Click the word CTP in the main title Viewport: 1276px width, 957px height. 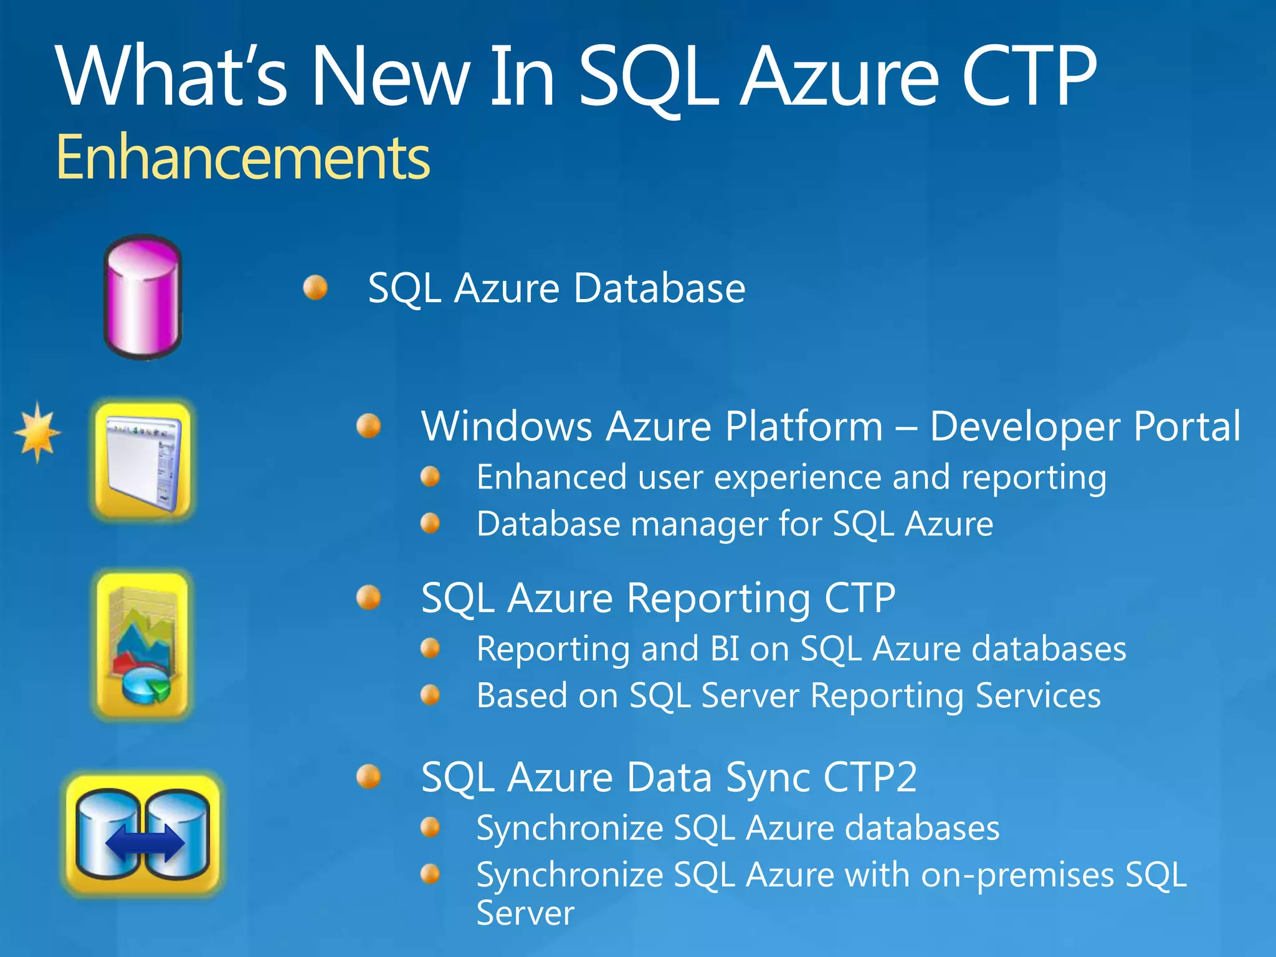click(x=1028, y=77)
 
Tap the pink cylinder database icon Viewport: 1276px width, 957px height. click(x=143, y=297)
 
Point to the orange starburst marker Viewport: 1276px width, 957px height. click(x=38, y=432)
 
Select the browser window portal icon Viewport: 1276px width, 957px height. click(x=143, y=460)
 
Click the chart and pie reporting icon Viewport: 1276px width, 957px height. click(x=143, y=645)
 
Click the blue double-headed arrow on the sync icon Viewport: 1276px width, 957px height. click(x=145, y=842)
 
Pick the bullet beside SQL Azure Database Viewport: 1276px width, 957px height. click(x=316, y=288)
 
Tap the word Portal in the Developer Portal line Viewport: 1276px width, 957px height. click(x=1187, y=427)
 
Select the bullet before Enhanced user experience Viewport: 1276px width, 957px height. click(x=431, y=477)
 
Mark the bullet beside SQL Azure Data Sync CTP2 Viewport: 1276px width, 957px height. click(x=369, y=777)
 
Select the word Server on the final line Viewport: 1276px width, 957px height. click(x=525, y=913)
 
